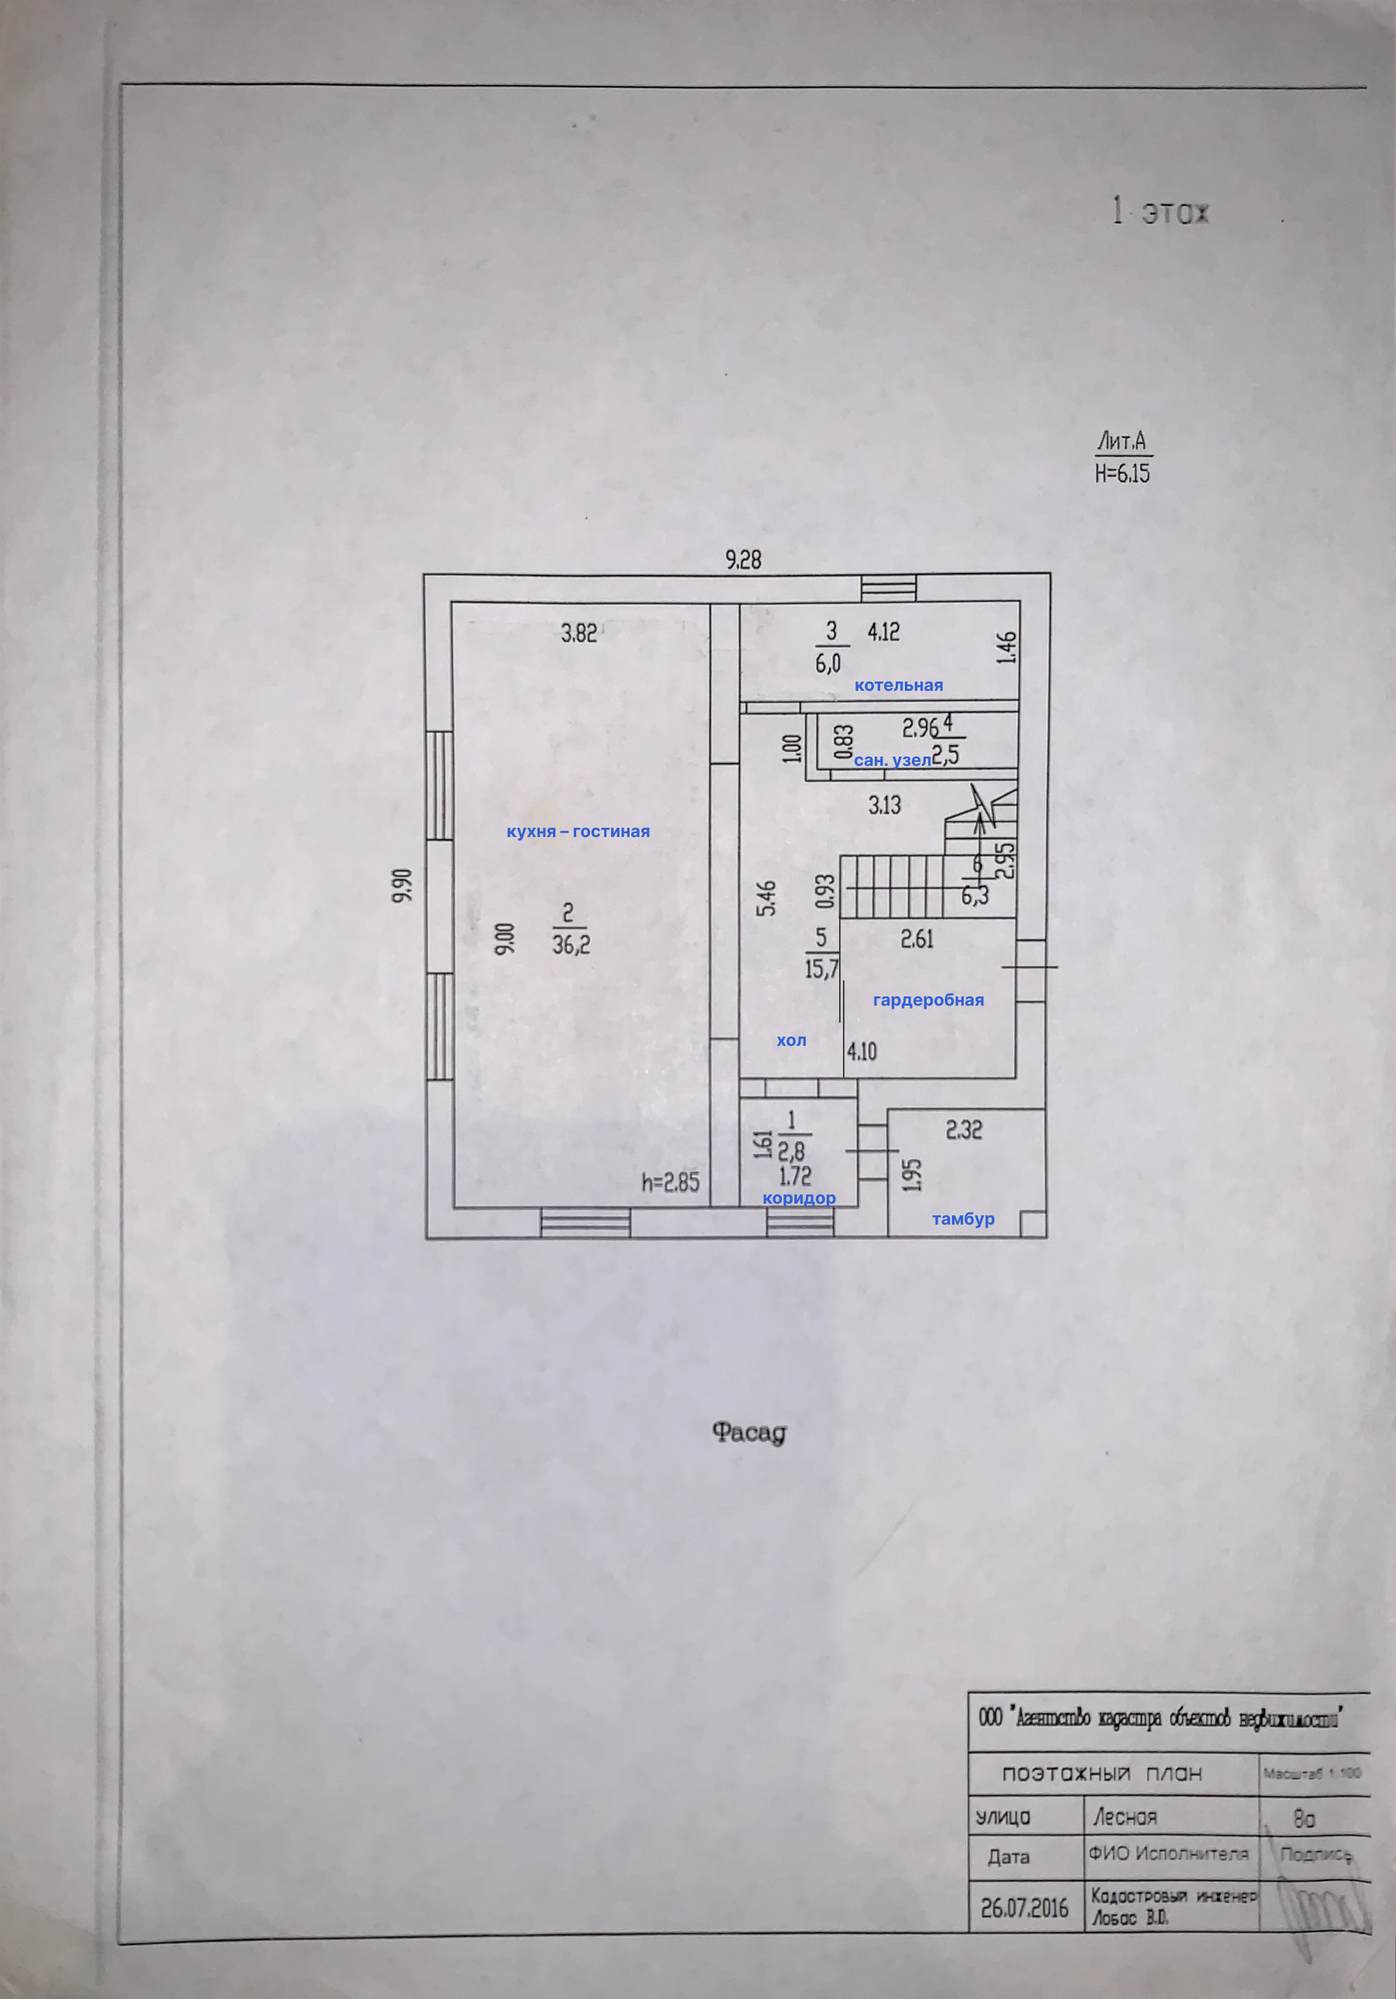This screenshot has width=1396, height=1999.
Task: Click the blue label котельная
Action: pyautogui.click(x=898, y=685)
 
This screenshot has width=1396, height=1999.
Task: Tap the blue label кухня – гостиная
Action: pyautogui.click(x=578, y=832)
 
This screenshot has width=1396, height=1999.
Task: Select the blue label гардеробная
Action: pyautogui.click(x=928, y=1000)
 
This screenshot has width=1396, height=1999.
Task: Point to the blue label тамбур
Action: pyautogui.click(x=963, y=1220)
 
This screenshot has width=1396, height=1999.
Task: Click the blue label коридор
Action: pyautogui.click(x=799, y=1198)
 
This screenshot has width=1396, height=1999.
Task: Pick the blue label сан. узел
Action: pyautogui.click(x=892, y=760)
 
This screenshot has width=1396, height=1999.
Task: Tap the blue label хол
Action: pyautogui.click(x=791, y=1041)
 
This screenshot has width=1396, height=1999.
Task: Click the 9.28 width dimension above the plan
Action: pyautogui.click(x=743, y=560)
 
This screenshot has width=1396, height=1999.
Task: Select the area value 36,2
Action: pyautogui.click(x=571, y=945)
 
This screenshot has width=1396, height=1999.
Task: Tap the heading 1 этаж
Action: pyautogui.click(x=1161, y=214)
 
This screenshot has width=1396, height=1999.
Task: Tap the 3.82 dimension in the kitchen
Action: pyautogui.click(x=579, y=633)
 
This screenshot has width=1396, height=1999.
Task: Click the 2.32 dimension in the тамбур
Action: pyautogui.click(x=964, y=1130)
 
